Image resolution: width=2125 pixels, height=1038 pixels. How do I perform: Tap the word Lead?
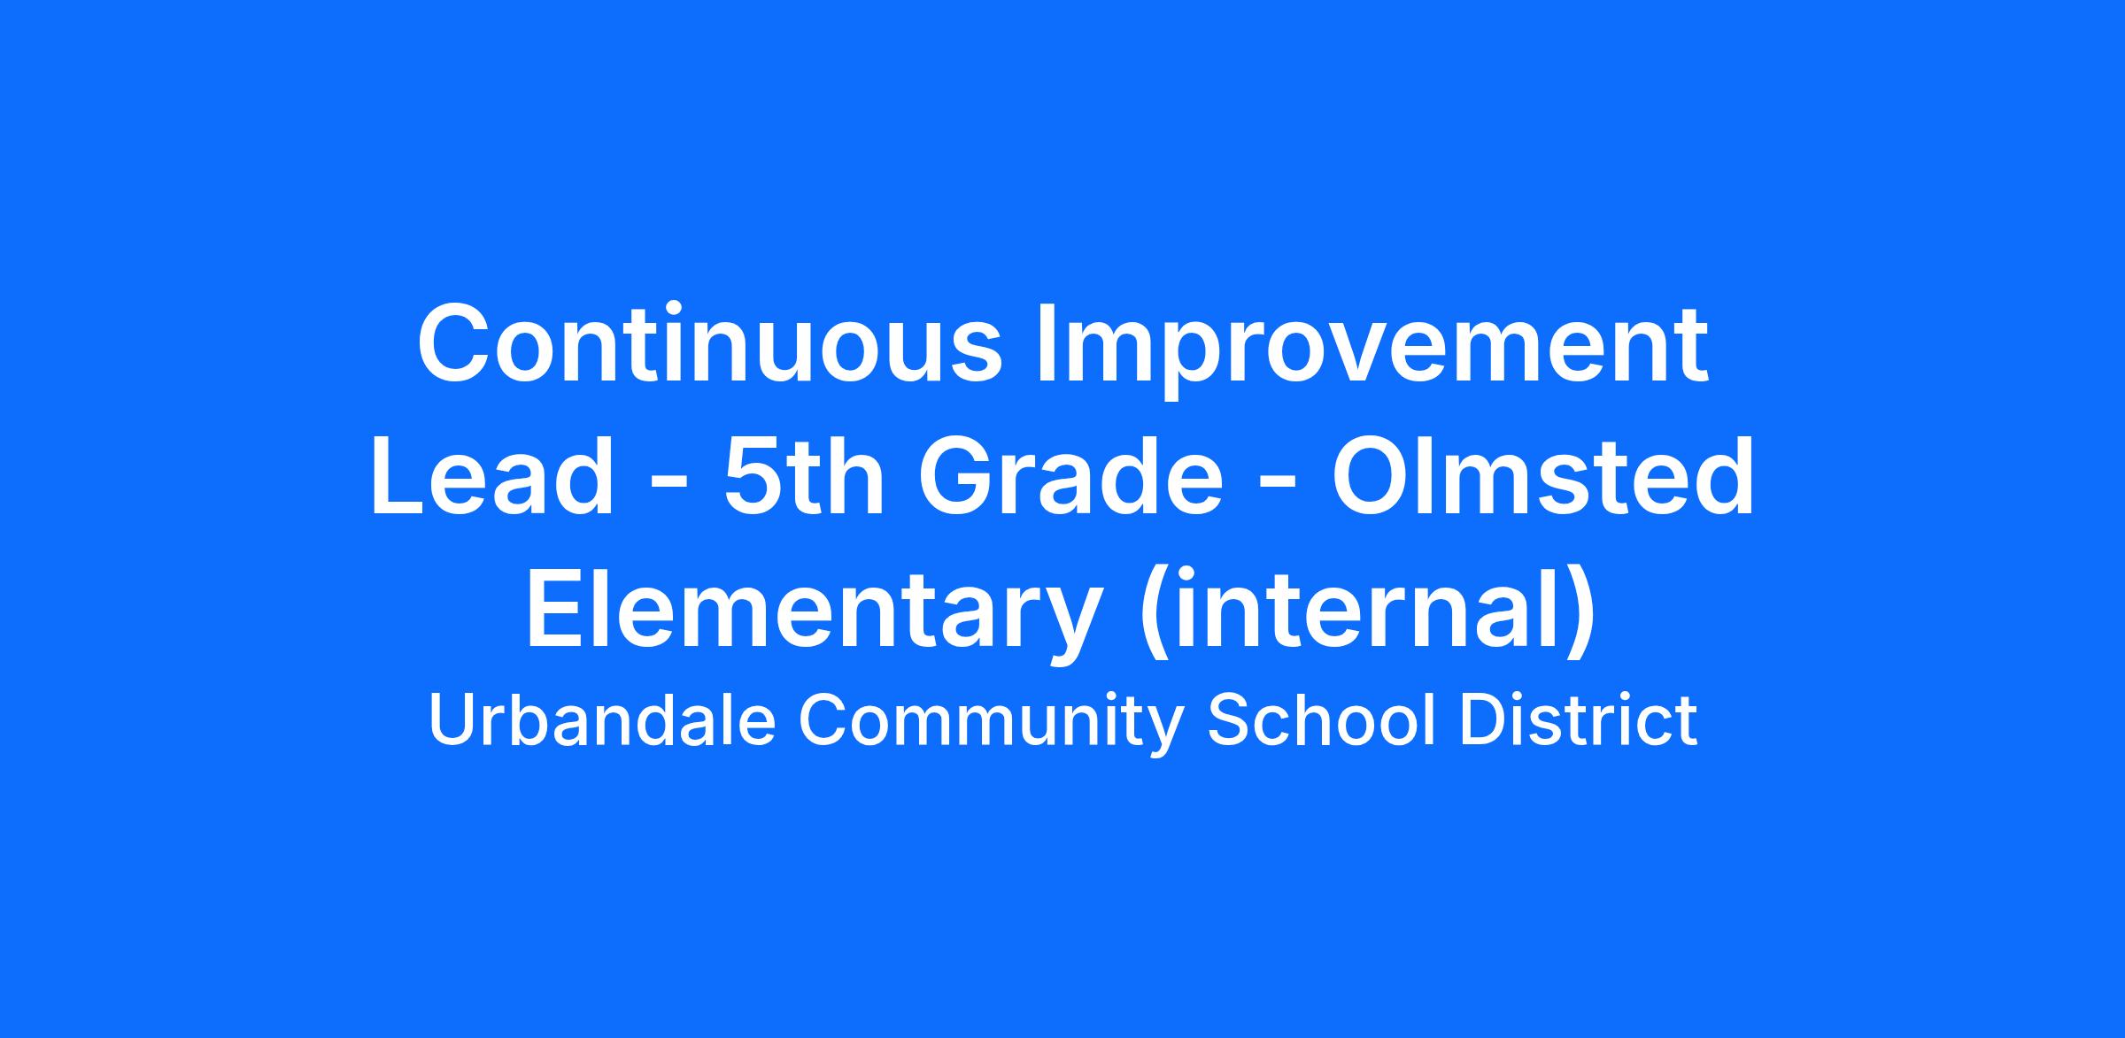(x=492, y=477)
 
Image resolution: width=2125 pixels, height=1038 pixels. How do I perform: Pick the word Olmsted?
(x=1542, y=477)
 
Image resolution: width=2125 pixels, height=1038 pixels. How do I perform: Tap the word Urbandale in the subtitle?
(x=603, y=721)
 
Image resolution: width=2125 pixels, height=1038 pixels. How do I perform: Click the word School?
(x=1320, y=721)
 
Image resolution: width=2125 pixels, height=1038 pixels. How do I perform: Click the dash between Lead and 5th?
(x=668, y=488)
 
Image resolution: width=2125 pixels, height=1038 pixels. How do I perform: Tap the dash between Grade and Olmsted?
(x=1278, y=488)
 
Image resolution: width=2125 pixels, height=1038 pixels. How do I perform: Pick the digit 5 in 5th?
(x=754, y=478)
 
